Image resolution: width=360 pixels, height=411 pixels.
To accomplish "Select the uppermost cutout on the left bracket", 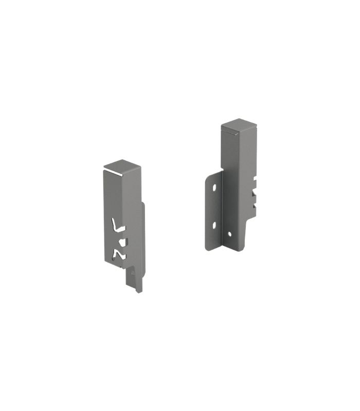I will click(x=118, y=226).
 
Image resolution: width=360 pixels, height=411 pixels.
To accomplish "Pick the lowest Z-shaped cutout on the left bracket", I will click(x=118, y=254).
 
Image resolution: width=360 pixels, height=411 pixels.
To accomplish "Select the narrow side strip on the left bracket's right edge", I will click(x=143, y=231).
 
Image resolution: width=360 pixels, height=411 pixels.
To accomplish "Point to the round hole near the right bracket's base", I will click(x=229, y=234).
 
